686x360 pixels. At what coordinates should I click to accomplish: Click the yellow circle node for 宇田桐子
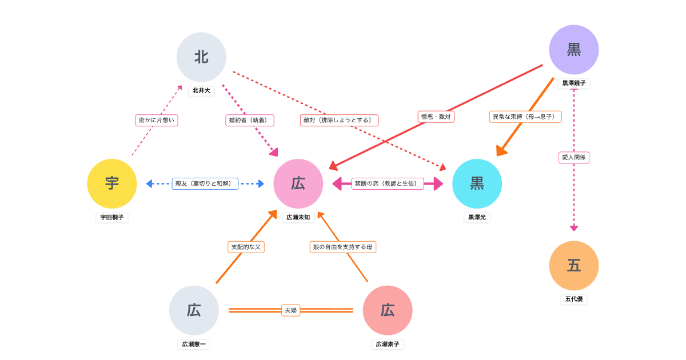pyautogui.click(x=112, y=183)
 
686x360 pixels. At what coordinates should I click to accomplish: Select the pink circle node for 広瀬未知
pyautogui.click(x=298, y=183)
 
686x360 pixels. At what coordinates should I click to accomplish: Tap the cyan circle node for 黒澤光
pyautogui.click(x=477, y=183)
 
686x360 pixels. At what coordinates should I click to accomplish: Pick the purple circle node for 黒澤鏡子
pyautogui.click(x=574, y=50)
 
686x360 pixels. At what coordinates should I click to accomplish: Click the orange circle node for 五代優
pyautogui.click(x=574, y=266)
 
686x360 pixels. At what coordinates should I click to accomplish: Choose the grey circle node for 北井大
pyautogui.click(x=201, y=57)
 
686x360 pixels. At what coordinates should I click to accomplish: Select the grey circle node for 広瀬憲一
pyautogui.click(x=194, y=310)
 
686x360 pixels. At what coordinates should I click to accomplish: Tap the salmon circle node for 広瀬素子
pyautogui.click(x=388, y=310)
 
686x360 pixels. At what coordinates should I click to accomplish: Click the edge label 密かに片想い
pyautogui.click(x=157, y=120)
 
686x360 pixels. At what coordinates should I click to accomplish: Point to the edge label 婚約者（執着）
pyautogui.click(x=250, y=120)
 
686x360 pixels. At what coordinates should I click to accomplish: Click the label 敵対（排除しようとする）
pyautogui.click(x=339, y=120)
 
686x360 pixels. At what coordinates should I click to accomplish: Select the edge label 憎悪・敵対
pyautogui.click(x=436, y=117)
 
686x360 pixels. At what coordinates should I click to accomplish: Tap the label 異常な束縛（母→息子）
pyautogui.click(x=525, y=117)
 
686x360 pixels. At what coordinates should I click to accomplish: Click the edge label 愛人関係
pyautogui.click(x=574, y=157)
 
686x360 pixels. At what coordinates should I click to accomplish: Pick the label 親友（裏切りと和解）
pyautogui.click(x=205, y=183)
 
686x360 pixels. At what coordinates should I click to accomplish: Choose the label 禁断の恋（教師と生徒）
pyautogui.click(x=388, y=183)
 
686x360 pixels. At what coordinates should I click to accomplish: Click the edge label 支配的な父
pyautogui.click(x=246, y=247)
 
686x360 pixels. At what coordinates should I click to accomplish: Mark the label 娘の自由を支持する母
pyautogui.click(x=343, y=247)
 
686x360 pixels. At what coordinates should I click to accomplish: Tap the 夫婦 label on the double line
pyautogui.click(x=290, y=310)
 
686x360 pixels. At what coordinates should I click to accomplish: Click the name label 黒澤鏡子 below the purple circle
pyautogui.click(x=574, y=83)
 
